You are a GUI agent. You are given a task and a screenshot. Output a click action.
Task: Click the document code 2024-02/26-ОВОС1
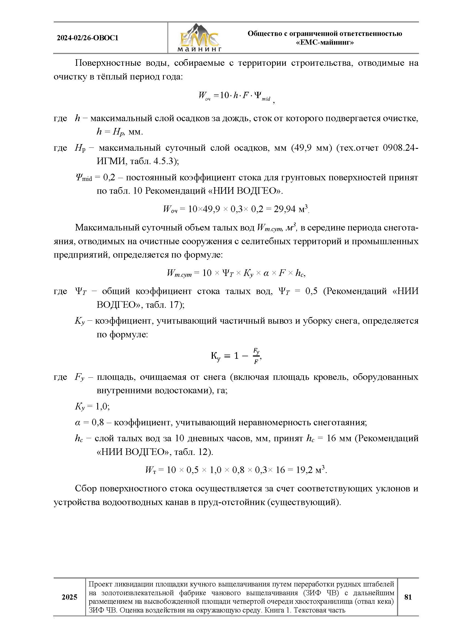point(87,38)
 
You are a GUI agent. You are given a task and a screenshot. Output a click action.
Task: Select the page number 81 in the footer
point(408,597)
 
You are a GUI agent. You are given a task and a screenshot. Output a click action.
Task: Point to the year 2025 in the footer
point(70,597)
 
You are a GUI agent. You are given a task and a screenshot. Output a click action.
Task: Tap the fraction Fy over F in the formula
point(256,356)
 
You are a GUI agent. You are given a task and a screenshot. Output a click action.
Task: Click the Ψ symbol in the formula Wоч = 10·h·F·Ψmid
point(257,95)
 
